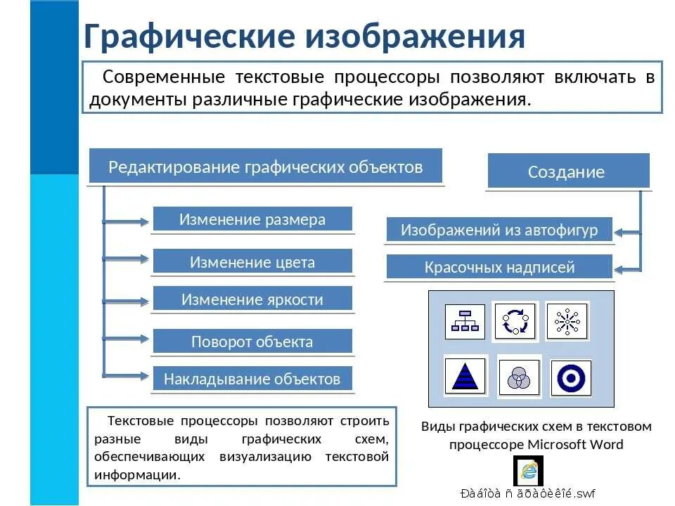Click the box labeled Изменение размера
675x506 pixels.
pos(252,219)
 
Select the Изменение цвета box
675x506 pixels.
pos(252,262)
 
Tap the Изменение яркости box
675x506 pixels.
pos(252,299)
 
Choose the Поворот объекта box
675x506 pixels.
pos(252,342)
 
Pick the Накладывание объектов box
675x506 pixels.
pos(252,379)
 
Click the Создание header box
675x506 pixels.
pos(567,172)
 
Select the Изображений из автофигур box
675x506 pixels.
pos(499,230)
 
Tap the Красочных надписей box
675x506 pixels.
pos(499,267)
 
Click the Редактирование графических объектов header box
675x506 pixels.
pos(266,167)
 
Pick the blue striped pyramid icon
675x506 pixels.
pos(465,377)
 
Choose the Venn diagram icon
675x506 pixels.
pos(519,377)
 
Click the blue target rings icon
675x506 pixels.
pos(571,378)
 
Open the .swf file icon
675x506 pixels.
pos(528,469)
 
